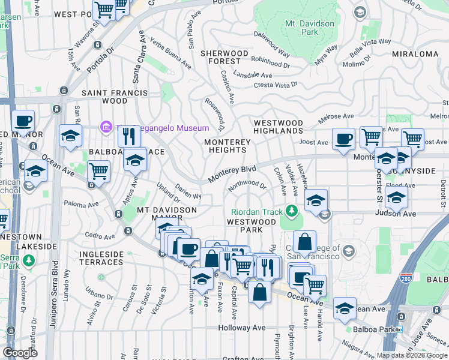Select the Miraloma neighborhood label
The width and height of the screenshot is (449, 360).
(x=415, y=54)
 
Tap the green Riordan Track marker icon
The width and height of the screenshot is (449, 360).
(x=291, y=211)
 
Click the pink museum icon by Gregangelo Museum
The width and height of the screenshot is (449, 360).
(x=106, y=128)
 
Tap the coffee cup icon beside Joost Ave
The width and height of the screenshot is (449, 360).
(x=343, y=139)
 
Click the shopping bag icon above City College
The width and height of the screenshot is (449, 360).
(x=304, y=242)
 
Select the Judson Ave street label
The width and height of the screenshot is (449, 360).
(x=395, y=213)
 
